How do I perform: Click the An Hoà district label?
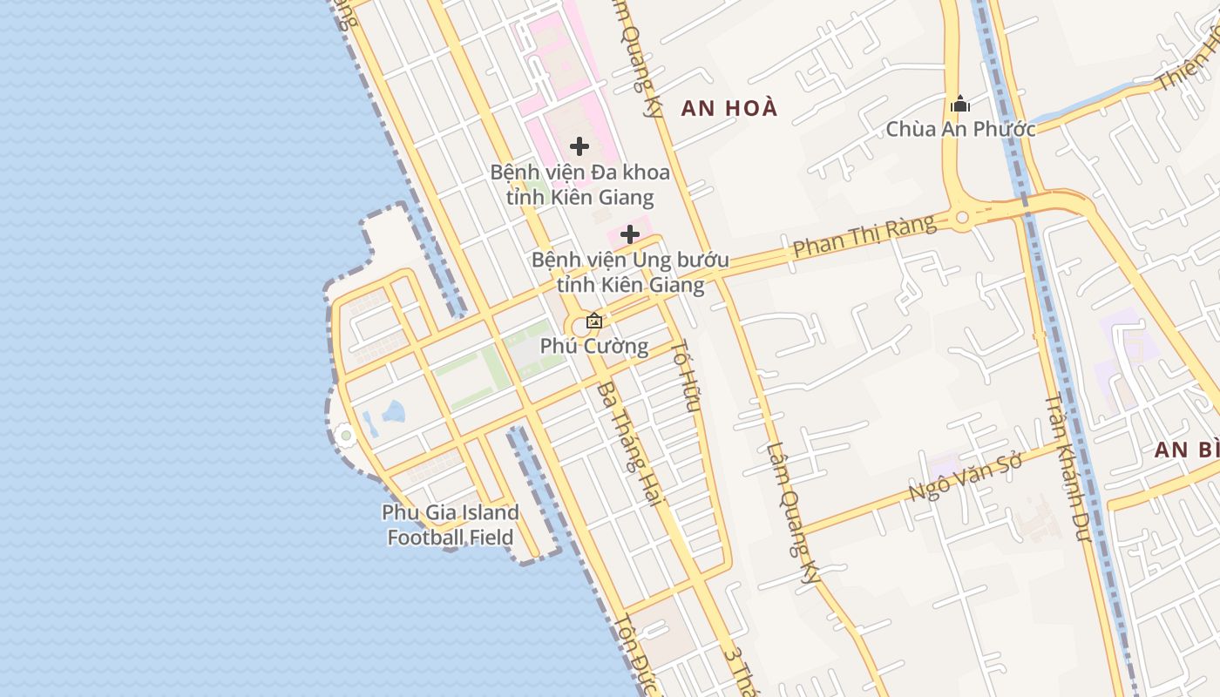[x=729, y=108]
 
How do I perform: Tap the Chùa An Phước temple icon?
[x=960, y=105]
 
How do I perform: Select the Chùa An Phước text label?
[x=960, y=129]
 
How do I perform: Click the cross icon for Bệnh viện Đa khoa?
[x=579, y=146]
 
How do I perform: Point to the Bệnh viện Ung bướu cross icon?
[x=630, y=234]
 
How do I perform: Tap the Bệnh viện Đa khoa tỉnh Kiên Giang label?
[x=579, y=184]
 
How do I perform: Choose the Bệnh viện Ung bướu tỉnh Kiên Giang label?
[x=630, y=272]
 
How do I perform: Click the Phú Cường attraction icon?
[x=594, y=321]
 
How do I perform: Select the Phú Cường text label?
[x=594, y=346]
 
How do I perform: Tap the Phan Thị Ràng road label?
[x=864, y=236]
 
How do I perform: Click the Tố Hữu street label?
[x=688, y=375]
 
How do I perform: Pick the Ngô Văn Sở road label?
[x=964, y=477]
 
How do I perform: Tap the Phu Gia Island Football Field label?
[x=451, y=524]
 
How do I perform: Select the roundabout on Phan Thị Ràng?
[x=962, y=218]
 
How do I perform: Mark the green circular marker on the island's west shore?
[x=346, y=435]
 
